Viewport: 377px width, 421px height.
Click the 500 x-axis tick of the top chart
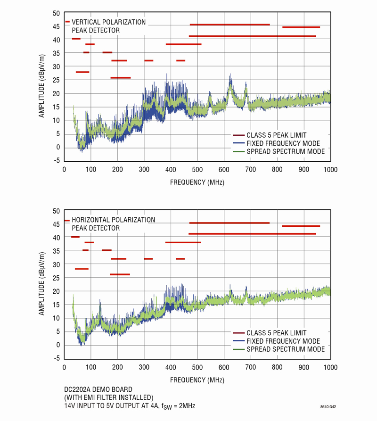pos(197,170)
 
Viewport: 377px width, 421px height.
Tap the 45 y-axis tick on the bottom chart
pos(57,224)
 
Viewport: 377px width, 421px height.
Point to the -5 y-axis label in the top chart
pos(57,161)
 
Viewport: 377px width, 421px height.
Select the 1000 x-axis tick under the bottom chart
pos(330,367)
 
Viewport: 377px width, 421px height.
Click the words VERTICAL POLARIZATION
pos(109,22)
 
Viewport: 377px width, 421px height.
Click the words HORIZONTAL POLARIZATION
pos(114,220)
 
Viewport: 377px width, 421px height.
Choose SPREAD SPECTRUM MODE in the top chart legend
pos(286,151)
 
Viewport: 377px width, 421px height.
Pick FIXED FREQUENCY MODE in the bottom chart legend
pos(283,341)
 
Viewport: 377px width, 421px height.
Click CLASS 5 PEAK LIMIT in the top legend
pos(276,135)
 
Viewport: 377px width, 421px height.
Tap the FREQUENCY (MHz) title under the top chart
pos(197,182)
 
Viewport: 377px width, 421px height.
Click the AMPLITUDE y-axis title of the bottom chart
pos(41,283)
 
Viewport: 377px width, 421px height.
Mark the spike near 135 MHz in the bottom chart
pos(100,300)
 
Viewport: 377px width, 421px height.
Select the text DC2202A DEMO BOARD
pos(98,389)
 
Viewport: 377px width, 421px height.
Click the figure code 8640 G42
pos(328,407)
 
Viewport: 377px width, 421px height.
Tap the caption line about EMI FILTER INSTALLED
pos(109,397)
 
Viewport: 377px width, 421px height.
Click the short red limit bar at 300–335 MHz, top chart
pos(148,61)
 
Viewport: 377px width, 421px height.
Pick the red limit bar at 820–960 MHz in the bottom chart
pos(301,226)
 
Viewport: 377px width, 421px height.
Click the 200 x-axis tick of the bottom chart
pos(117,367)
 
